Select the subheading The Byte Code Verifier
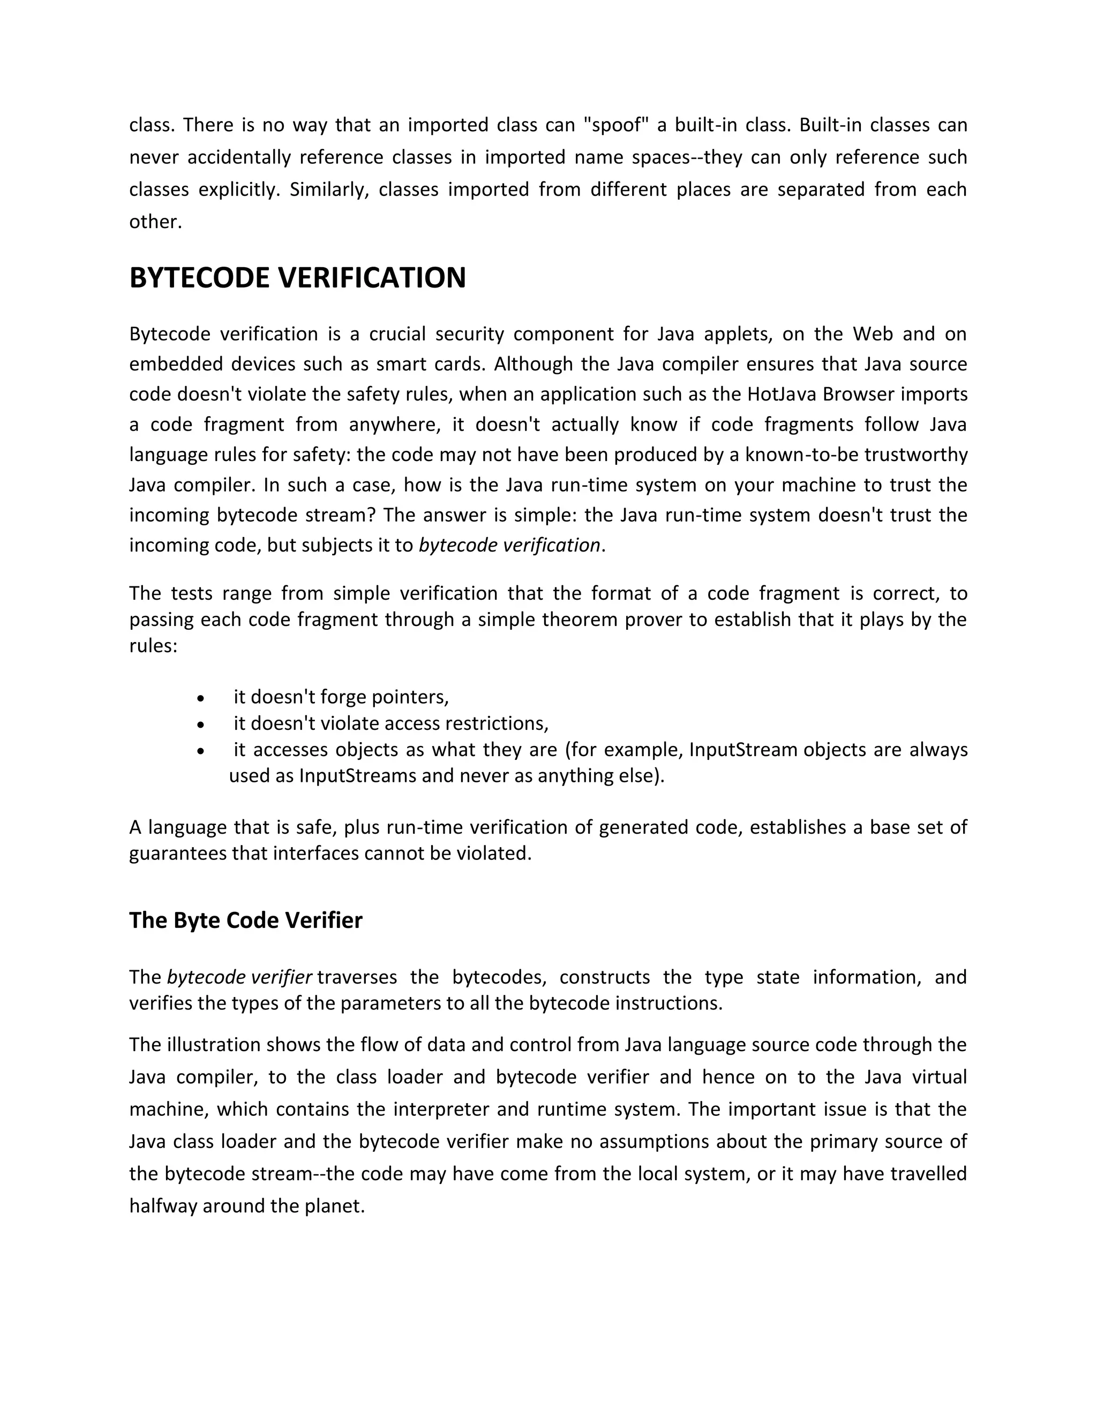pos(246,920)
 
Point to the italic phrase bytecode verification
pos(509,545)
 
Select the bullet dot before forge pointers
pos(201,698)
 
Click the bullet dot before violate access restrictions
pos(201,724)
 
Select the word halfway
pos(163,1206)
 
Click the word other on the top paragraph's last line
pos(155,222)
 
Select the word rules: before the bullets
pos(153,646)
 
